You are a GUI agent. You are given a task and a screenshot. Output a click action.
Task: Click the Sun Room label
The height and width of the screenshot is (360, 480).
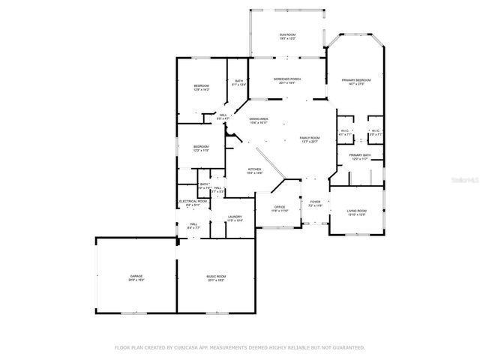pyautogui.click(x=287, y=35)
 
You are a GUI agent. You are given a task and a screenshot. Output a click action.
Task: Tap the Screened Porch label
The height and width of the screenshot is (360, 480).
pyautogui.click(x=286, y=79)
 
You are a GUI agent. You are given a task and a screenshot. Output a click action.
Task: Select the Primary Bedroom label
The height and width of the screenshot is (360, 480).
pyautogui.click(x=356, y=79)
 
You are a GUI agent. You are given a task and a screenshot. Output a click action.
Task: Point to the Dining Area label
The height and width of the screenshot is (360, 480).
pyautogui.click(x=259, y=118)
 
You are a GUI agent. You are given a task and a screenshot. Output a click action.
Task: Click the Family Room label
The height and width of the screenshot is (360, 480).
pyautogui.click(x=310, y=138)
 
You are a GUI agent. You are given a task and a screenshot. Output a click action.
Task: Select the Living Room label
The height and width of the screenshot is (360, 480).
pyautogui.click(x=356, y=211)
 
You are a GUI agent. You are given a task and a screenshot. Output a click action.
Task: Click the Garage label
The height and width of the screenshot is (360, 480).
pyautogui.click(x=136, y=276)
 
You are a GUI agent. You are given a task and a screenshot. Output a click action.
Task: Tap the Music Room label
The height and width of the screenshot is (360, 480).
pyautogui.click(x=216, y=276)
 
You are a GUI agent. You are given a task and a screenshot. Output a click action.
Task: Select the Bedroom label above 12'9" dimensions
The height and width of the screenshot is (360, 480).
pyautogui.click(x=201, y=86)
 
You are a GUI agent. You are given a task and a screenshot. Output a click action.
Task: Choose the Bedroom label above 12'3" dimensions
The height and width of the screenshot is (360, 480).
pyautogui.click(x=200, y=146)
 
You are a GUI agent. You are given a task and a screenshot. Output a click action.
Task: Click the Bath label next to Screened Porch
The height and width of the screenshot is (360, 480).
pyautogui.click(x=238, y=81)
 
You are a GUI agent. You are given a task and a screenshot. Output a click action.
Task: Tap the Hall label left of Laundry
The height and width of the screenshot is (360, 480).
pyautogui.click(x=193, y=223)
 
